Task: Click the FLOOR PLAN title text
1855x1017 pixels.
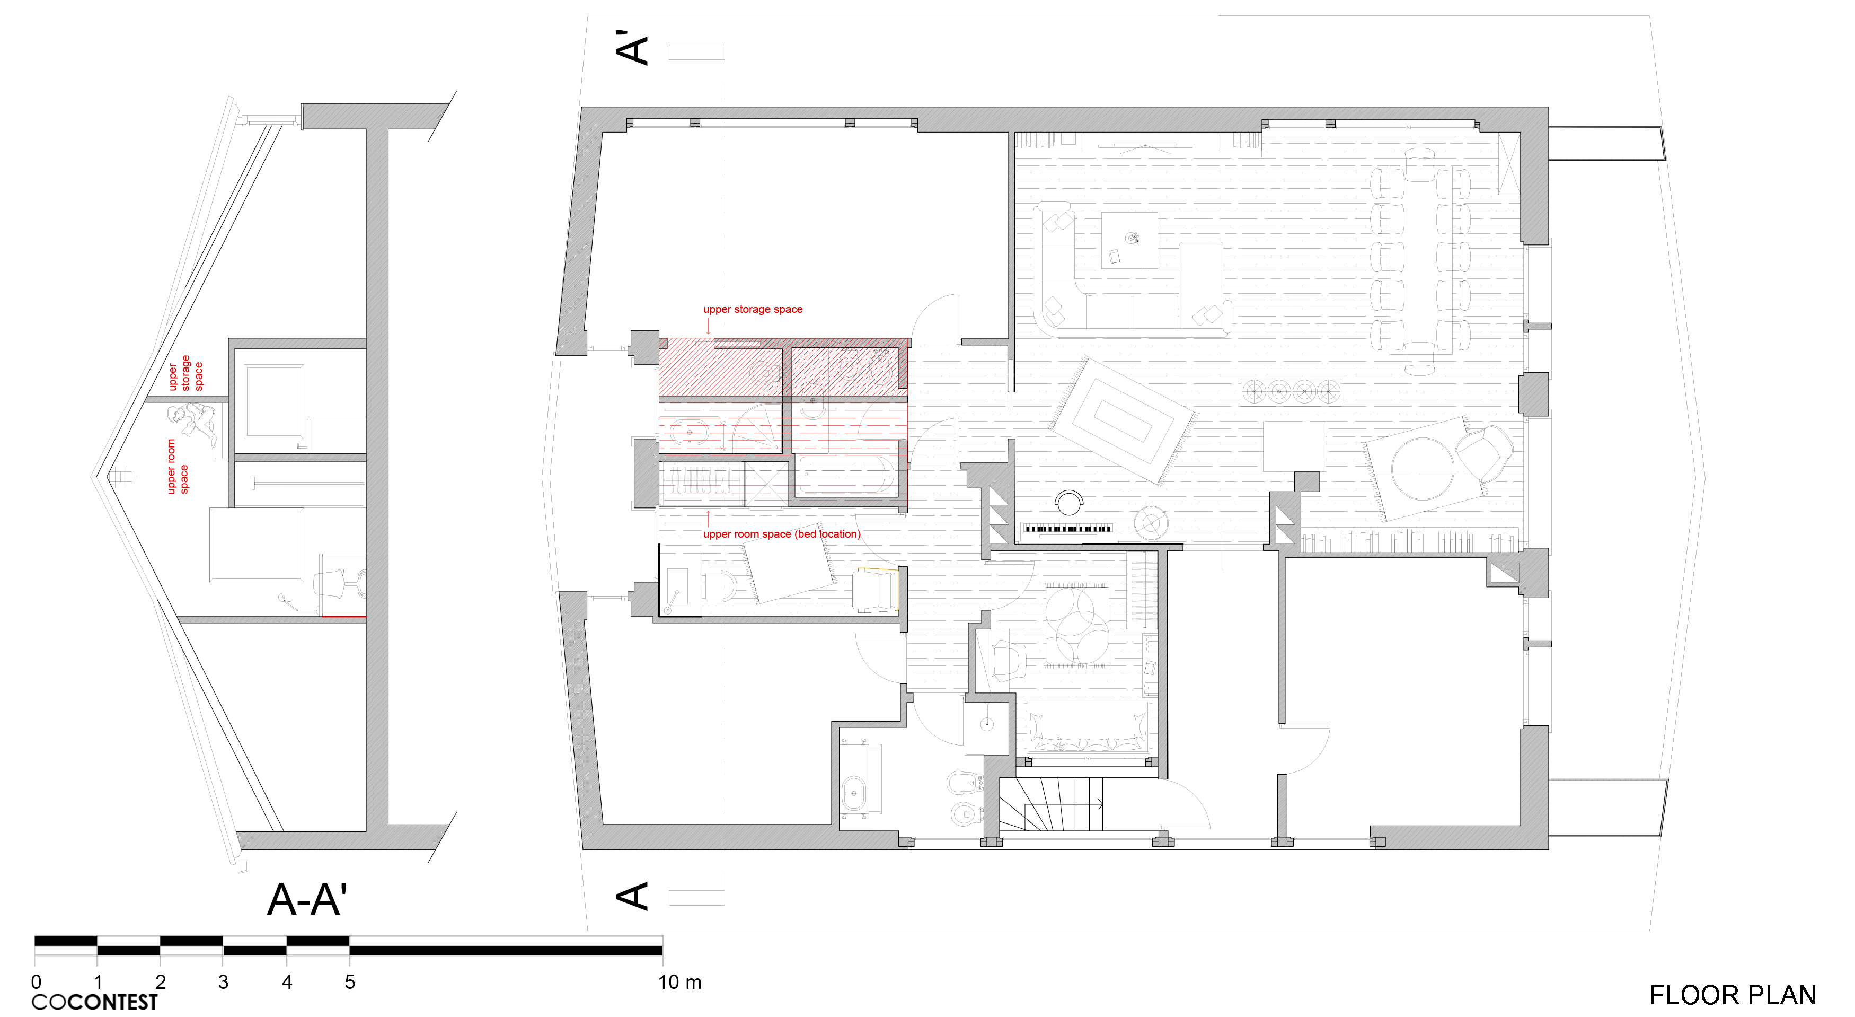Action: tap(1732, 995)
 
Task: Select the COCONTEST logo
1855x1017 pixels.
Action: tap(94, 1002)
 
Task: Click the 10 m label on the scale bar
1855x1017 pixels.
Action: tap(679, 981)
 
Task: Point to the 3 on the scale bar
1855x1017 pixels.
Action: tap(223, 981)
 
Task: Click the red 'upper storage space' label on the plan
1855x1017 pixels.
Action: tap(753, 309)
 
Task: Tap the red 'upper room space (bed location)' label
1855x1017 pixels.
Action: tap(781, 534)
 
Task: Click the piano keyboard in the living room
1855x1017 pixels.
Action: tap(1068, 529)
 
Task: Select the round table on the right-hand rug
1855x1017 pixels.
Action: tap(1422, 468)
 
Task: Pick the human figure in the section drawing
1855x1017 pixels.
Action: tap(192, 424)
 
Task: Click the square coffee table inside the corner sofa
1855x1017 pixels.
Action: tap(1129, 240)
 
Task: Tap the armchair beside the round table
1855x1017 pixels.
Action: tap(1483, 453)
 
